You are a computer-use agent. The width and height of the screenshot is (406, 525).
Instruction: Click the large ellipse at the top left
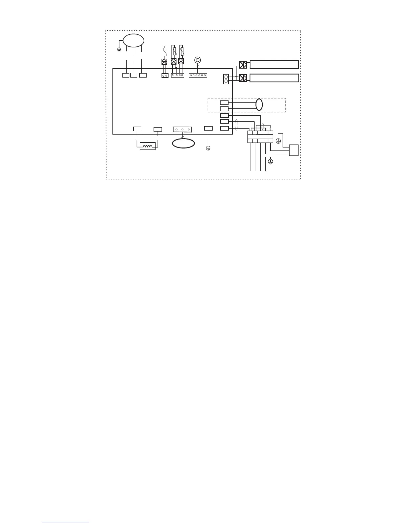point(134,40)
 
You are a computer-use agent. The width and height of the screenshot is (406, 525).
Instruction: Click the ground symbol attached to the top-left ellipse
point(119,50)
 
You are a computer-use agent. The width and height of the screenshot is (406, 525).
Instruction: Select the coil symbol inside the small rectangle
point(148,146)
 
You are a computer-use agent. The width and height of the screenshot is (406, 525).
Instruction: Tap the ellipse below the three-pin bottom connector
point(183,143)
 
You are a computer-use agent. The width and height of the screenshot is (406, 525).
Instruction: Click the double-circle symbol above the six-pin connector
point(197,60)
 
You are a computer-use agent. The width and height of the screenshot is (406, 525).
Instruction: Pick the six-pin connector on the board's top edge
point(198,75)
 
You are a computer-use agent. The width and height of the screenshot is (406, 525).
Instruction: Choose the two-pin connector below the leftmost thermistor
point(165,76)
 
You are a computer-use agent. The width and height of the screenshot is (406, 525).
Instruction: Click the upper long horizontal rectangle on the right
point(274,64)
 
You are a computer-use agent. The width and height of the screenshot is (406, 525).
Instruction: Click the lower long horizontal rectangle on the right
point(274,78)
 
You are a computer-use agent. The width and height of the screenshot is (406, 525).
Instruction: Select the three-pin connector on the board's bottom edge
point(182,130)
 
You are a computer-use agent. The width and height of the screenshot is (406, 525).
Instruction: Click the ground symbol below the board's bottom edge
point(208,148)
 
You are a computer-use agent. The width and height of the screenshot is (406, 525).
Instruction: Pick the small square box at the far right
point(294,150)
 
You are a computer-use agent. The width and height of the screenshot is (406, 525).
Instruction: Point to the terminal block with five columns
point(260,137)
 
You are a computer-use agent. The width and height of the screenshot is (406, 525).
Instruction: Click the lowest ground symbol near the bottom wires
point(270,162)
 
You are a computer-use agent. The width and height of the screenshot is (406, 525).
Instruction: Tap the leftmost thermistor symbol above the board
point(164,51)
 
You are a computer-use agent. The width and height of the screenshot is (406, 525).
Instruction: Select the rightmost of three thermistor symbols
point(181,51)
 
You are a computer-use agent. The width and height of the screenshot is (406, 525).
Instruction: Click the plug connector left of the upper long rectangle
point(243,64)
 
